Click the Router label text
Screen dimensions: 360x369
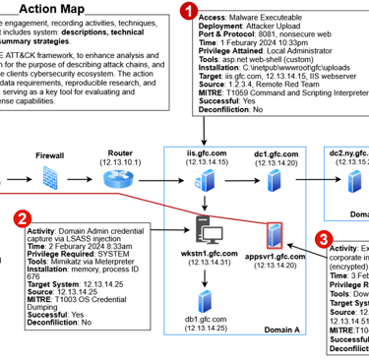click(x=120, y=153)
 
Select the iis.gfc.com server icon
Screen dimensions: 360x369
click(x=207, y=181)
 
